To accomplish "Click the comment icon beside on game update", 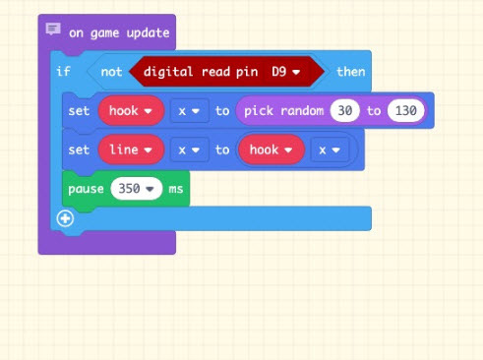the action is pyautogui.click(x=53, y=29).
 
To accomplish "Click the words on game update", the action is pyautogui.click(x=119, y=33).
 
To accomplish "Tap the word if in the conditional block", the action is pyautogui.click(x=63, y=71).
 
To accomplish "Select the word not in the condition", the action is pyautogui.click(x=111, y=72).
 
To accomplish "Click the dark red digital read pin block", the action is pyautogui.click(x=226, y=72).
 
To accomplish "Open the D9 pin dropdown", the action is pyautogui.click(x=285, y=72).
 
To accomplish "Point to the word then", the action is pyautogui.click(x=351, y=72).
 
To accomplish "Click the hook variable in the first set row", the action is pyautogui.click(x=131, y=111).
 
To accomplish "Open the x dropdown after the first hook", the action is pyautogui.click(x=189, y=111).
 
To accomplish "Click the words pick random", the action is pyautogui.click(x=284, y=111).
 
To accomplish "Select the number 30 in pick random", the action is pyautogui.click(x=345, y=111).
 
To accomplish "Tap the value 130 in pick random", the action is pyautogui.click(x=406, y=111).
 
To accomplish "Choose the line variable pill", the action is pyautogui.click(x=131, y=150).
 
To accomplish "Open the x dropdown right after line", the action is pyautogui.click(x=189, y=150).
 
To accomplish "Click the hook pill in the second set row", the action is pyautogui.click(x=272, y=150).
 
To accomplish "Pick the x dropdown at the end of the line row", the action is pyautogui.click(x=330, y=150).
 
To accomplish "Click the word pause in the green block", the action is pyautogui.click(x=86, y=189).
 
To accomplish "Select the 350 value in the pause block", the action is pyautogui.click(x=137, y=189).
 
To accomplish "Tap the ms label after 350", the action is pyautogui.click(x=176, y=189).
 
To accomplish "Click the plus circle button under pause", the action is pyautogui.click(x=65, y=218).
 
